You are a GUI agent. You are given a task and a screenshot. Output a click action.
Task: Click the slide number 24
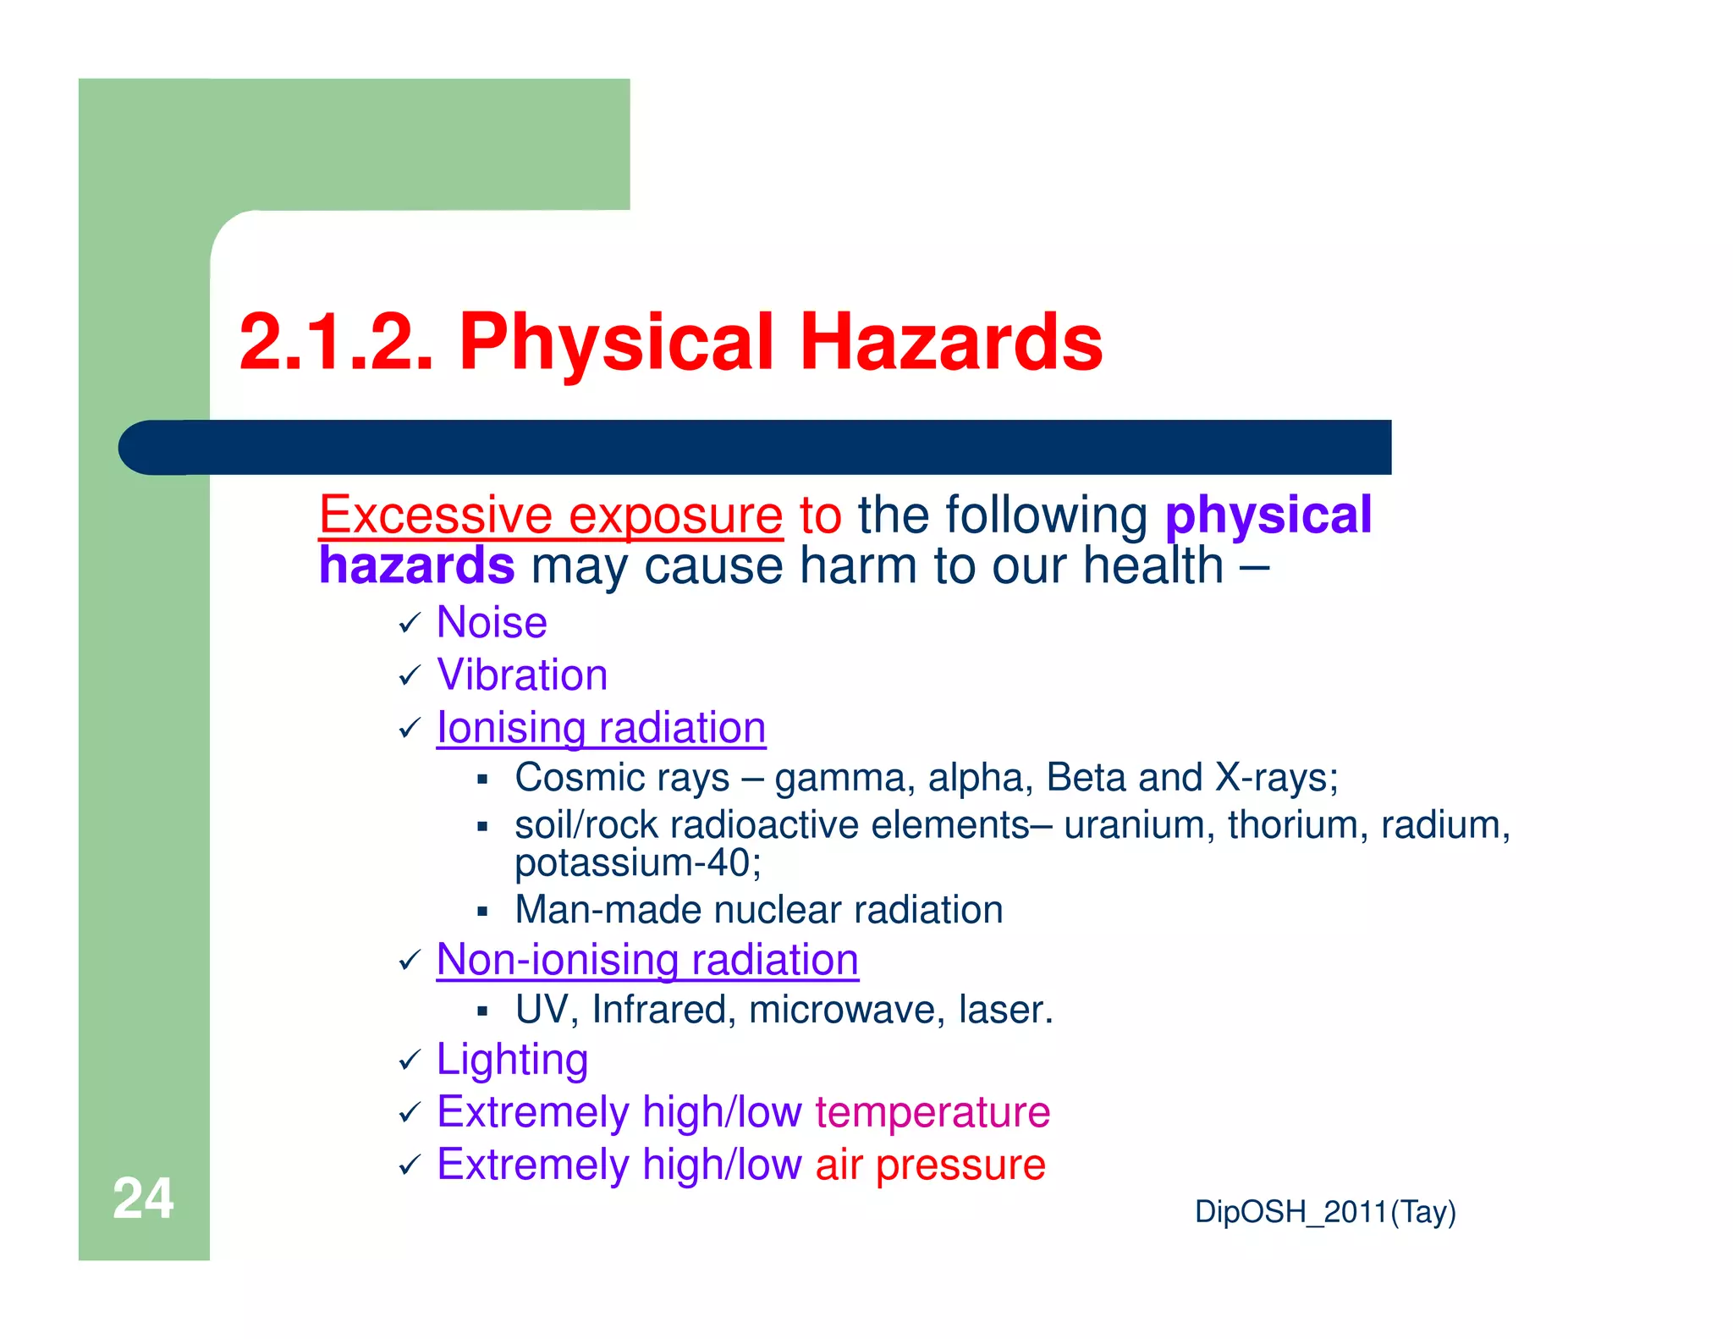tap(143, 1198)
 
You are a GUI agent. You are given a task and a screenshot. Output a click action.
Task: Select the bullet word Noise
tap(492, 623)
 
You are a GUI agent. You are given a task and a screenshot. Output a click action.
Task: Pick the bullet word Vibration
tap(522, 675)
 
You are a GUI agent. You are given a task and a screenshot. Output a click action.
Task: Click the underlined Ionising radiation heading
tap(601, 728)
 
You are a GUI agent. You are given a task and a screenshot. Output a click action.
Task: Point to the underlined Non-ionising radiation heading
tap(647, 960)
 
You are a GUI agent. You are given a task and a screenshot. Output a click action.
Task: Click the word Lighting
tap(512, 1060)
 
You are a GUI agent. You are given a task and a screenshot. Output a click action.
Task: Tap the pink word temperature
tap(933, 1112)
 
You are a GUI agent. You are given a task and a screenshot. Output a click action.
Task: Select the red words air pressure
tap(930, 1165)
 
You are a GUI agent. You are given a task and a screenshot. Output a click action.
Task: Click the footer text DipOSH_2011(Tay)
tap(1324, 1212)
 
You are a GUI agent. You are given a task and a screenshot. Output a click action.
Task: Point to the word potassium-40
tap(637, 863)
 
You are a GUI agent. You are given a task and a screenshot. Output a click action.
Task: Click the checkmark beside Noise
tap(410, 624)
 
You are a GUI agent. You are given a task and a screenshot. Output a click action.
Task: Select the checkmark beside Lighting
tap(410, 1061)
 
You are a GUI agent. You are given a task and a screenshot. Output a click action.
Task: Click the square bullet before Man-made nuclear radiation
tap(482, 912)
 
